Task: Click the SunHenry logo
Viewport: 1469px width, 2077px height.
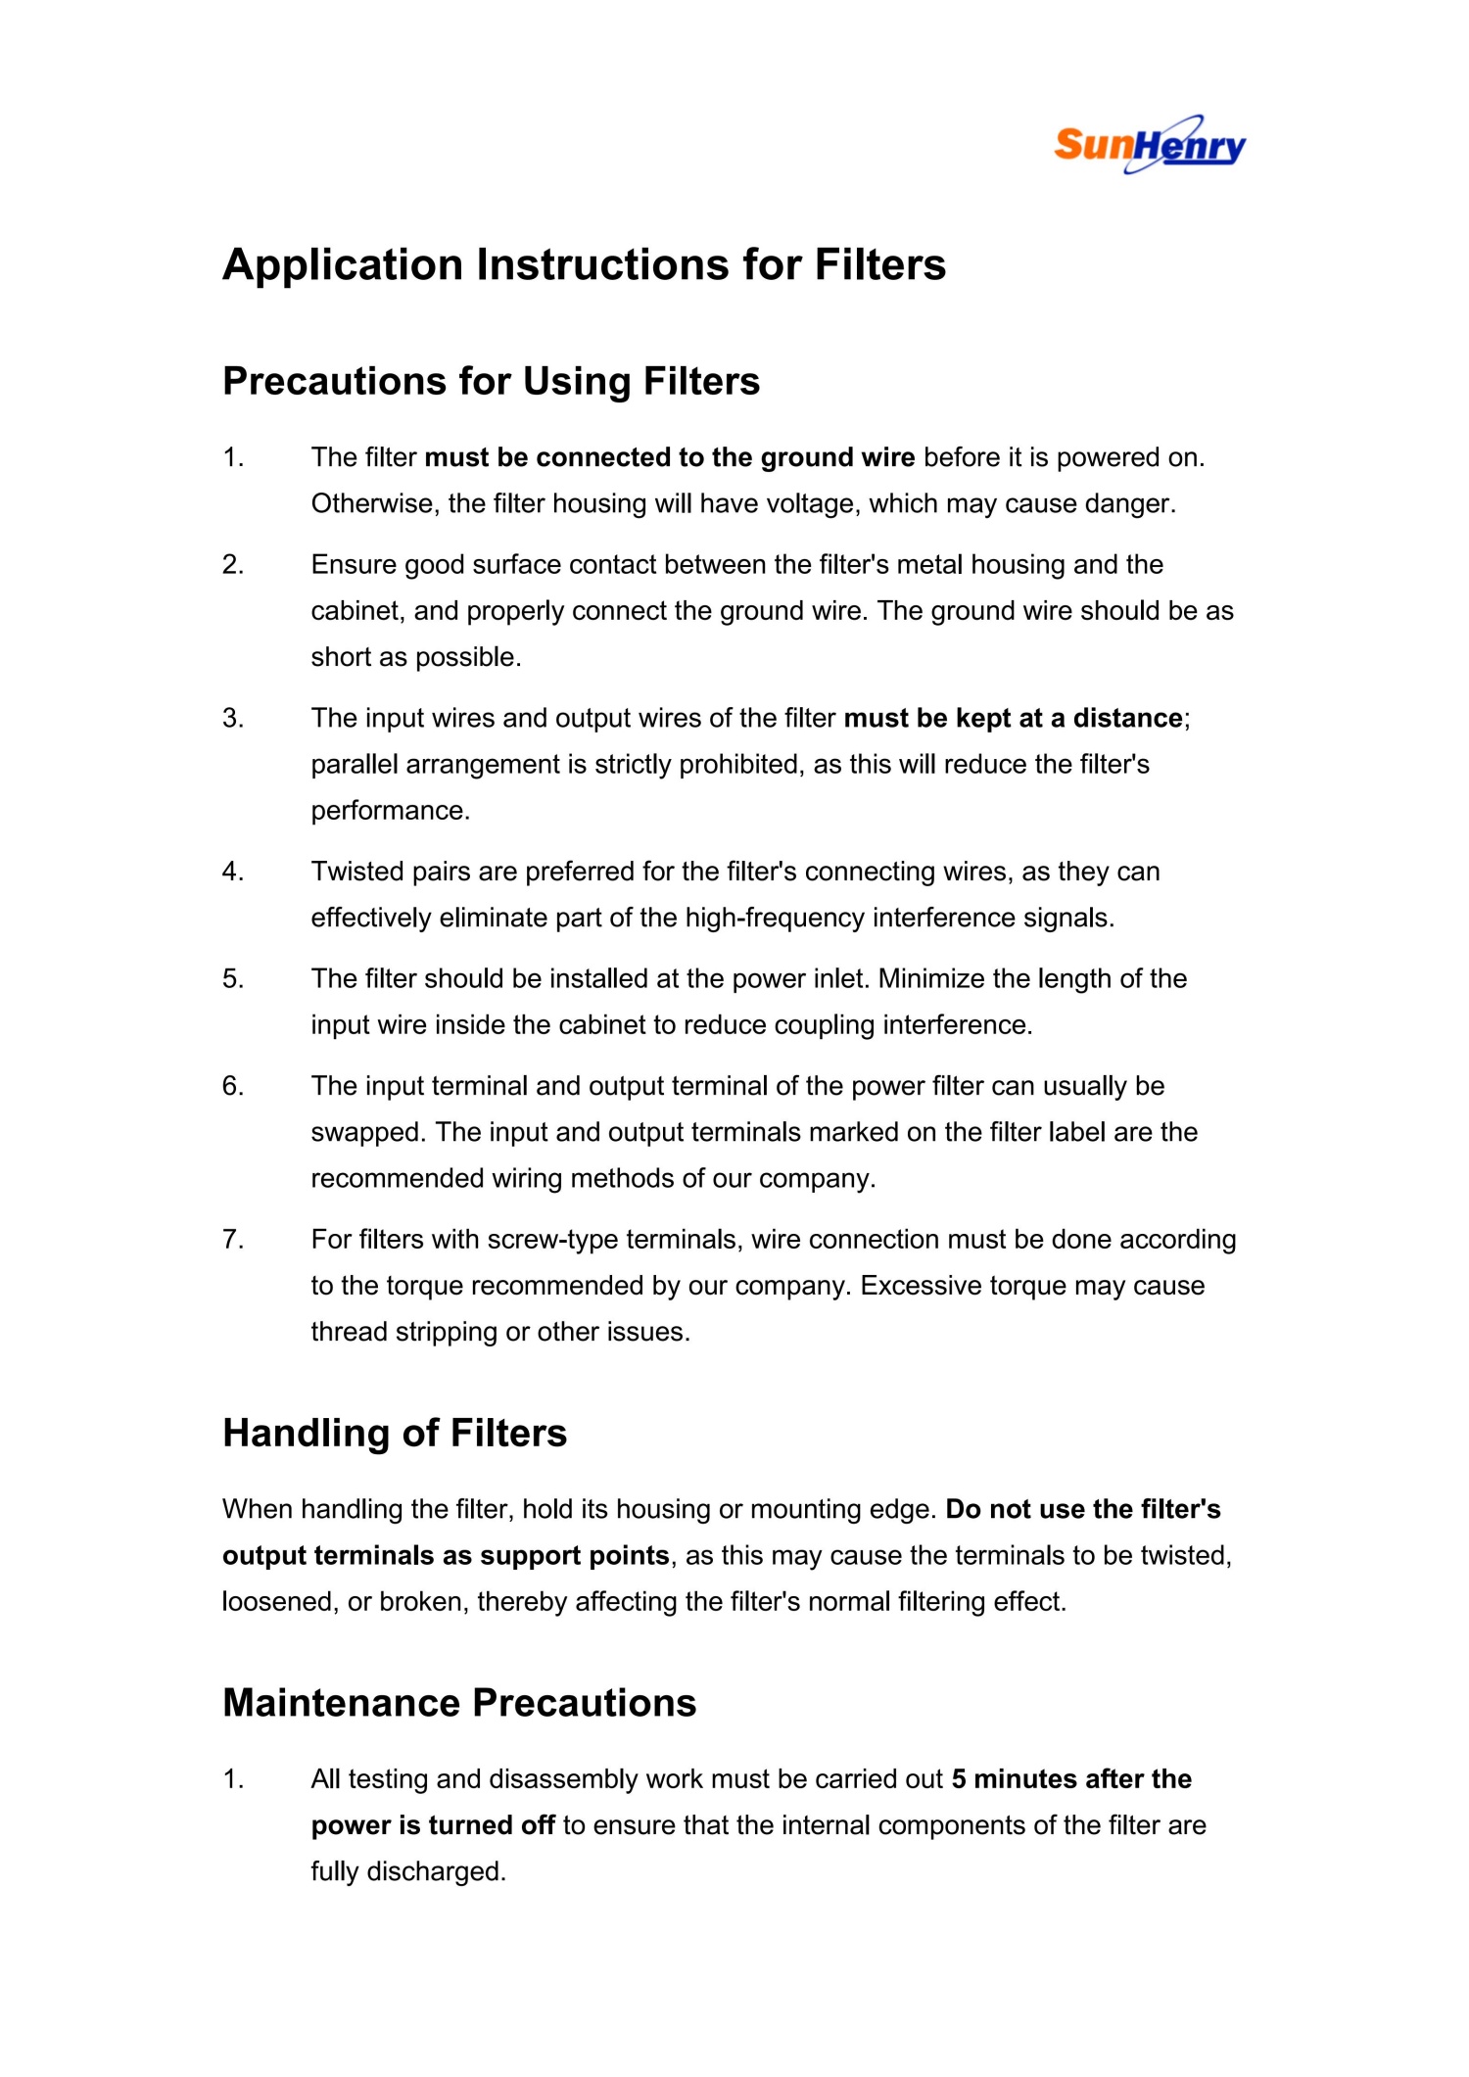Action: click(1150, 145)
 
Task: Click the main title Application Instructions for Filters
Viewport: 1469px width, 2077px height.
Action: click(584, 264)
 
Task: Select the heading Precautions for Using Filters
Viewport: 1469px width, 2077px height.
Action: click(491, 381)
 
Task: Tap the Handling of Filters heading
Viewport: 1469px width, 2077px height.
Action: click(395, 1433)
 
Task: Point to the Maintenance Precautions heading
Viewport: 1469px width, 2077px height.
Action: click(459, 1703)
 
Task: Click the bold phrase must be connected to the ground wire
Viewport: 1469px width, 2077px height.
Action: click(670, 457)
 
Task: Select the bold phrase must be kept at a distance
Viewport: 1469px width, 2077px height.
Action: click(1013, 718)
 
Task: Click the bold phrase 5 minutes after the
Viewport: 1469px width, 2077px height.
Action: click(1071, 1778)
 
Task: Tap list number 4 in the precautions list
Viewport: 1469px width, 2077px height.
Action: click(232, 871)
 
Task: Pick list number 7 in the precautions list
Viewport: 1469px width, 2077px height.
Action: click(232, 1239)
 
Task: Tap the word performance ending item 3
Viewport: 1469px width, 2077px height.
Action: click(390, 810)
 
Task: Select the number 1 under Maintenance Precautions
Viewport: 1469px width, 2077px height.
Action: click(232, 1778)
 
